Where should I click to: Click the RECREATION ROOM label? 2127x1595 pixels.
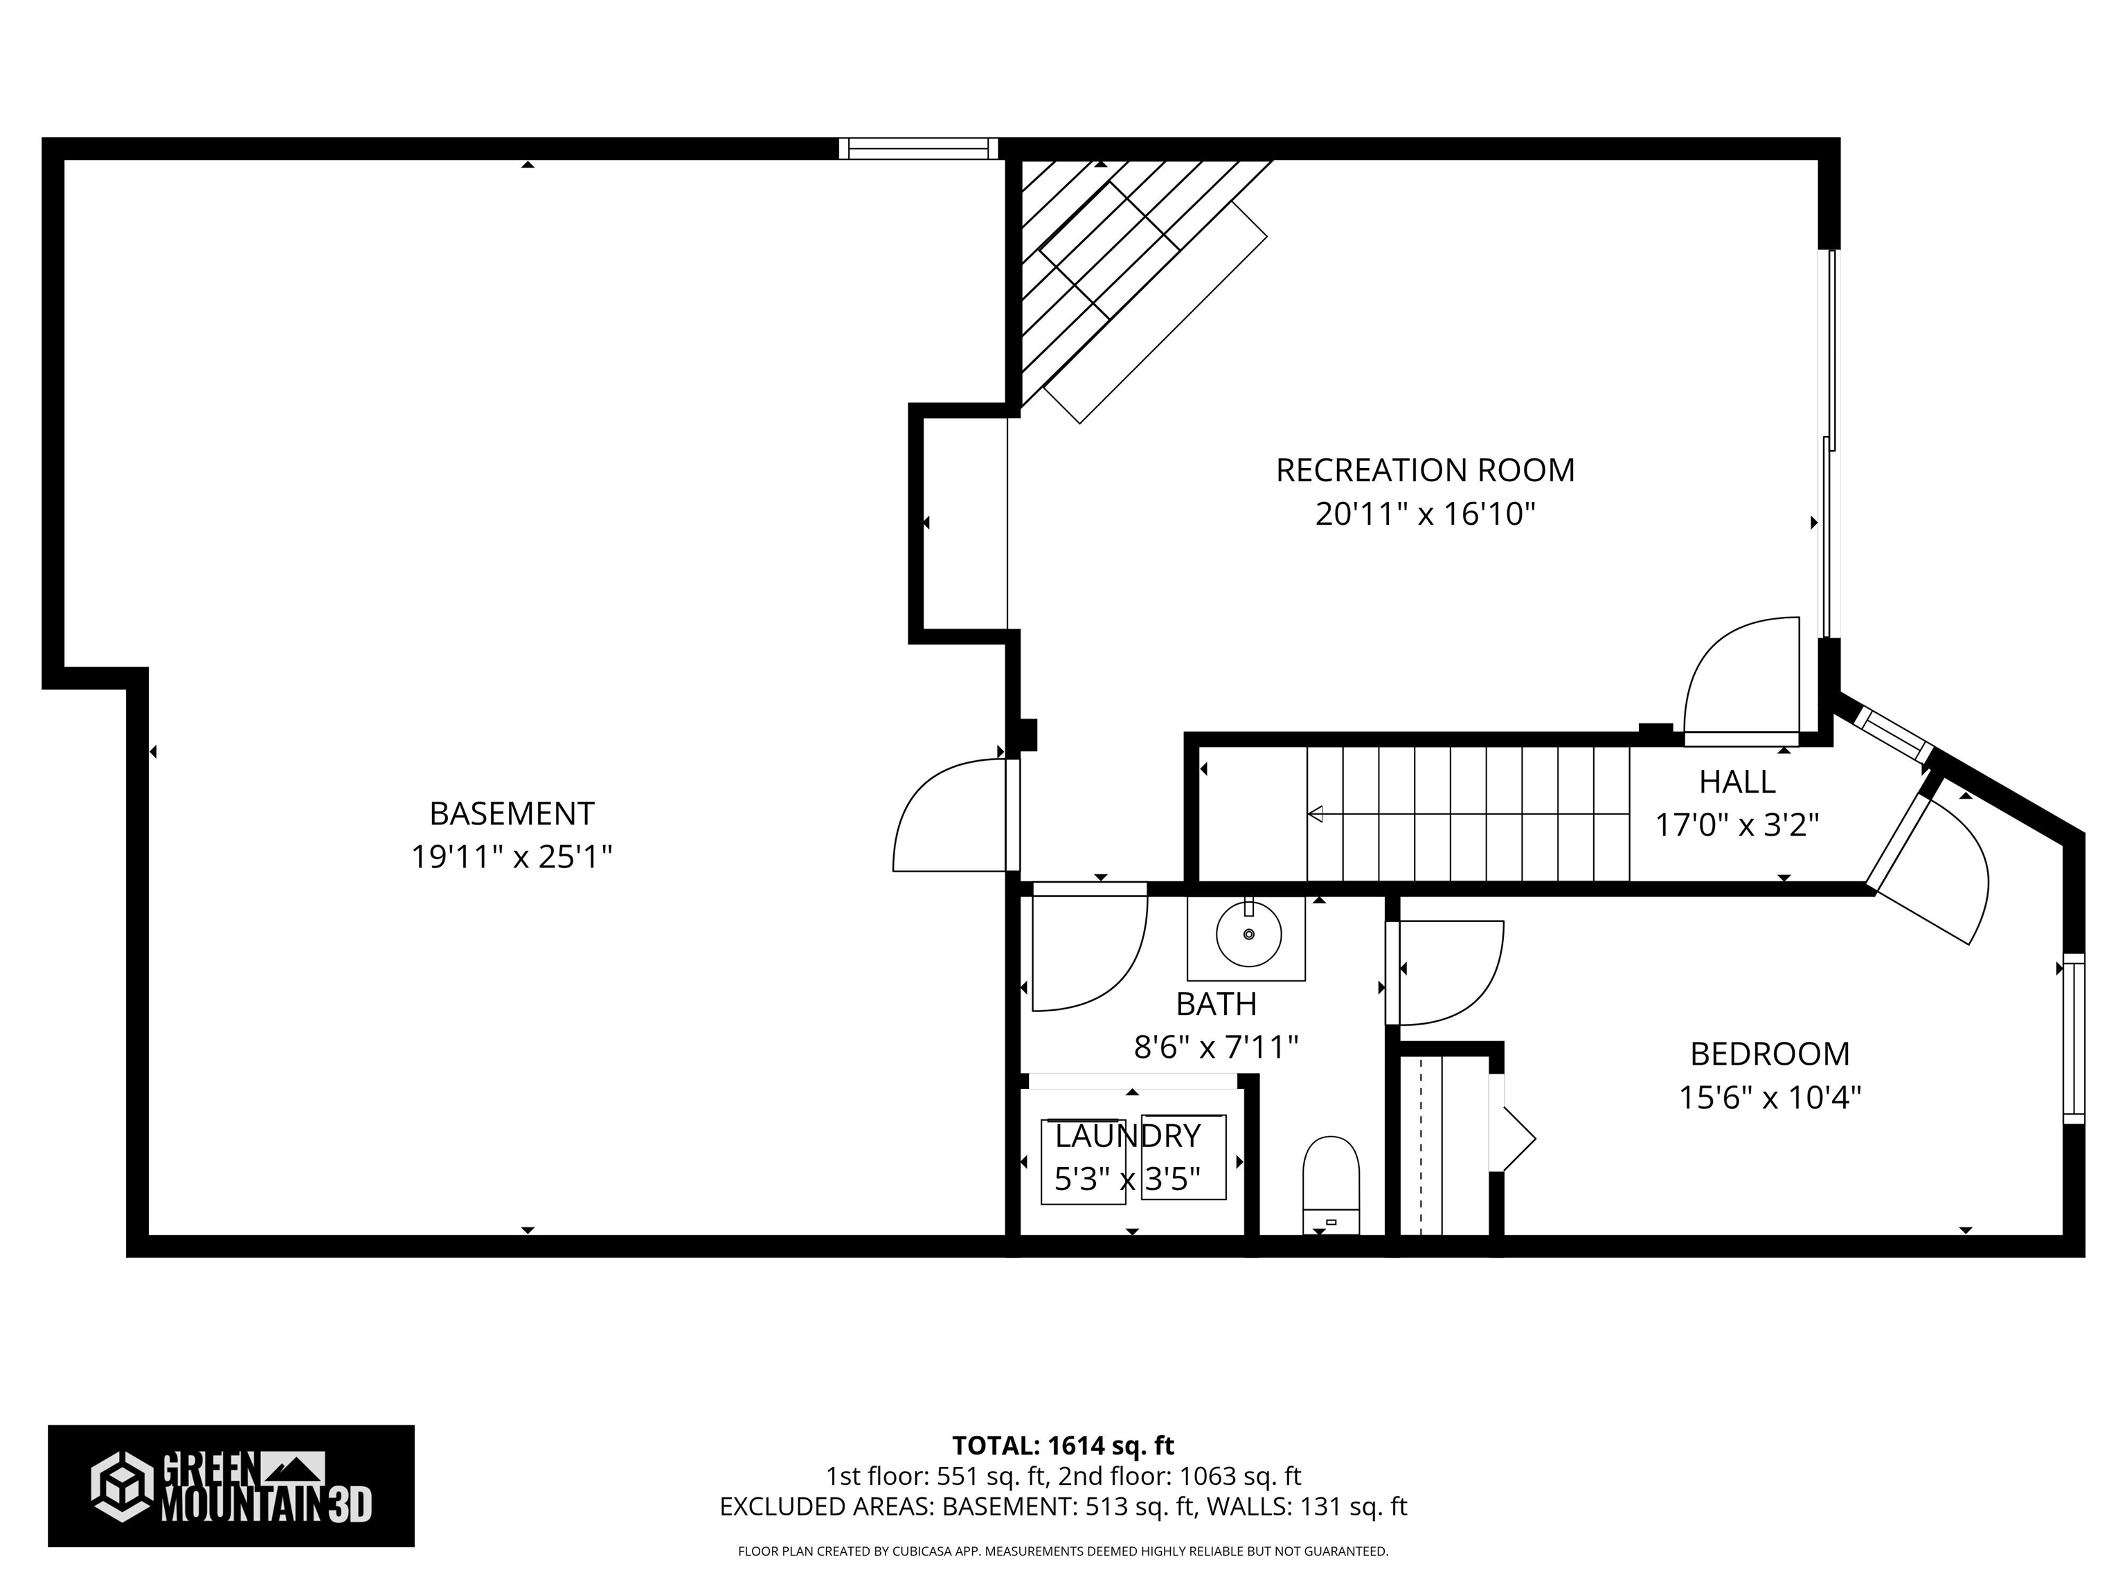tap(1424, 470)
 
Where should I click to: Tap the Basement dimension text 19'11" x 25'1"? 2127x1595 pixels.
tap(512, 856)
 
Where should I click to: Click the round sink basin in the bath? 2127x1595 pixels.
tap(1248, 934)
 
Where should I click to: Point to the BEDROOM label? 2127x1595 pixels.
tap(1769, 1054)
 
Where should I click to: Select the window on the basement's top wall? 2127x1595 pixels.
tap(918, 148)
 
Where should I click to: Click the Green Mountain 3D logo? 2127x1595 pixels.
tap(231, 1486)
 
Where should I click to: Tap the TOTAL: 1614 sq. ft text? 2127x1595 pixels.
tap(1063, 1446)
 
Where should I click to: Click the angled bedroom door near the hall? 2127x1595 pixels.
tap(1932, 870)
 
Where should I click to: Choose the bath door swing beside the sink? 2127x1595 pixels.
tap(1086, 952)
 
